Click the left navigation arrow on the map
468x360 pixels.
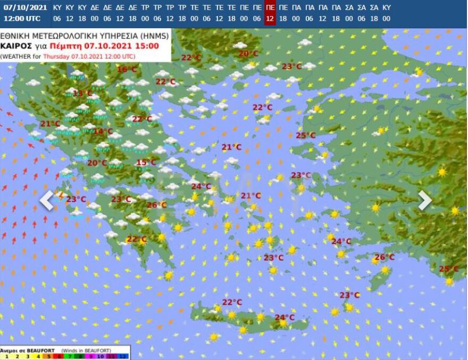coord(47,200)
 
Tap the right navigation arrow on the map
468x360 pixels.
coord(424,200)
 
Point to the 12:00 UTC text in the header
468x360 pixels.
coord(22,19)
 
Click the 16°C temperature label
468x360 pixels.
coord(127,70)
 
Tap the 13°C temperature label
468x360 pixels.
coord(82,94)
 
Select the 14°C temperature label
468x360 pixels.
coord(103,131)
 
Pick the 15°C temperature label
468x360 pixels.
coord(146,163)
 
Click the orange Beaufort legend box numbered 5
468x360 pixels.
coord(49,356)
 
